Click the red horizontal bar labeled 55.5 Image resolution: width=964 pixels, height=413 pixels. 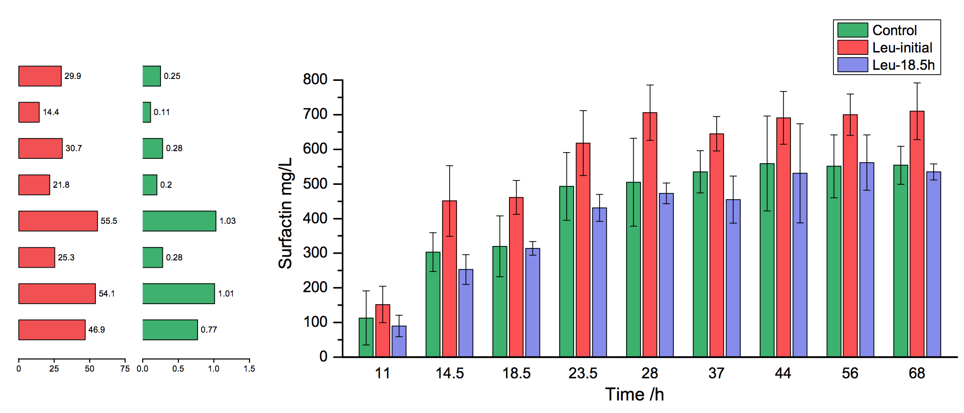58,221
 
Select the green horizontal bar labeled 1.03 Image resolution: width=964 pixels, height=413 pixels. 179,221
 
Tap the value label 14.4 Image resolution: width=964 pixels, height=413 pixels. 51,112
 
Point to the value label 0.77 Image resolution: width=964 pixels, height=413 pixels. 209,330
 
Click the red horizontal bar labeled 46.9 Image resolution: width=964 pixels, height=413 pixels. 52,330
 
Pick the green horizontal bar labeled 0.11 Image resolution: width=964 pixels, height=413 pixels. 147,112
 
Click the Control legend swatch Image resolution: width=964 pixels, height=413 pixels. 852,30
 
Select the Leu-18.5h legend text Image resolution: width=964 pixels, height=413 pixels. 903,65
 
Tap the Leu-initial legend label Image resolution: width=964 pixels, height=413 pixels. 902,48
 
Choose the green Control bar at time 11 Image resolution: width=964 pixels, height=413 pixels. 366,337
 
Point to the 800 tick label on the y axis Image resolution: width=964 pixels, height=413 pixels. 315,79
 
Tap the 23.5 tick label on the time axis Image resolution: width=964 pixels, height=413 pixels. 583,373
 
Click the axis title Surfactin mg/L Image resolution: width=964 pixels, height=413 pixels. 285,213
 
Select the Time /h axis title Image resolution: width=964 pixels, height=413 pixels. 634,395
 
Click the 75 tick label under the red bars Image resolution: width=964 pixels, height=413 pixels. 125,369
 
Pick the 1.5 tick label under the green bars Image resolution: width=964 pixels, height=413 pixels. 249,369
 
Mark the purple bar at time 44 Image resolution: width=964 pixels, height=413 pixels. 800,265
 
